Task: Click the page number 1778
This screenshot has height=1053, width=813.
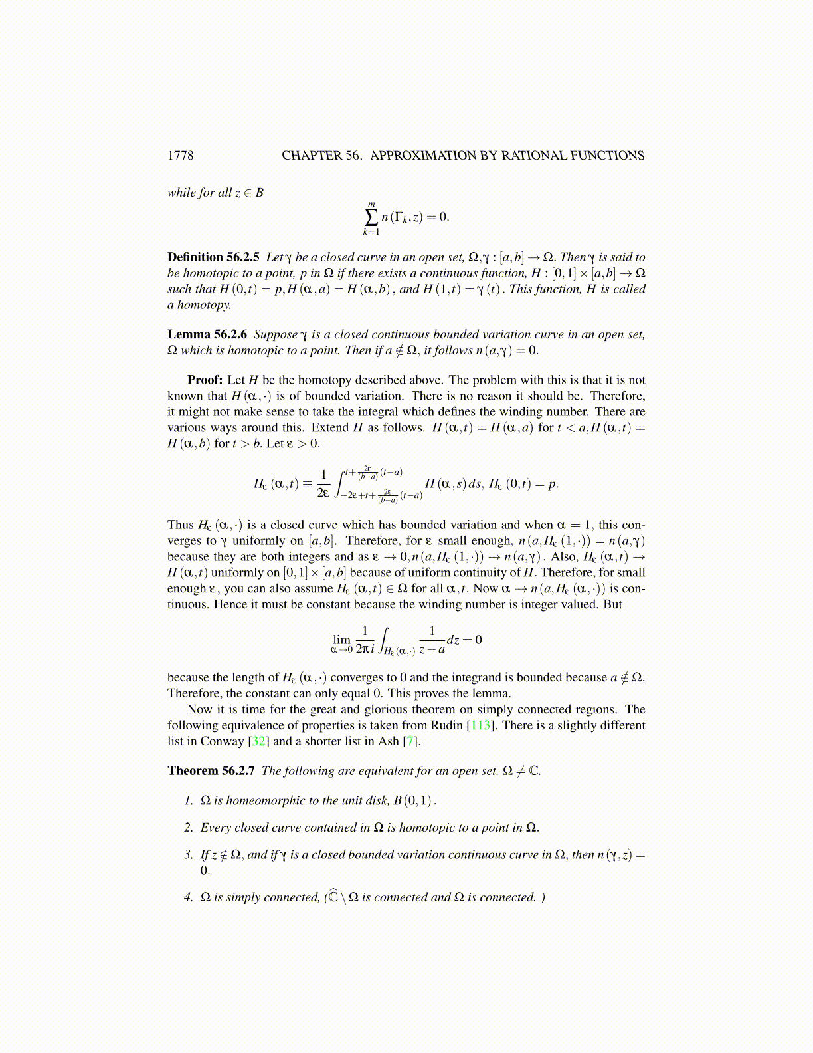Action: point(180,156)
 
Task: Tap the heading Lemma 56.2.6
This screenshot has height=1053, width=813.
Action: point(207,334)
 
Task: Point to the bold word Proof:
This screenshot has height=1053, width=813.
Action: point(205,380)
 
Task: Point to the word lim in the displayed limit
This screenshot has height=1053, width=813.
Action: point(342,640)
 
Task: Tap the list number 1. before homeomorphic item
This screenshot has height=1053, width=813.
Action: point(188,800)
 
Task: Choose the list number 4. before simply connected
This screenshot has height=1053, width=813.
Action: point(188,897)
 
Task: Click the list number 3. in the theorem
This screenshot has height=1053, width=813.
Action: point(188,855)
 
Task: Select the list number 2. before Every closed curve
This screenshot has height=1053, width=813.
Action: point(188,828)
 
